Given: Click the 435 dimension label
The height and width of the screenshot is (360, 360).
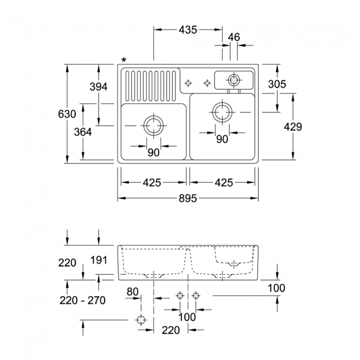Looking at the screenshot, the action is point(188,30).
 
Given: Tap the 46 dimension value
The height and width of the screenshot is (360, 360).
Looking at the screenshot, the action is point(234,37).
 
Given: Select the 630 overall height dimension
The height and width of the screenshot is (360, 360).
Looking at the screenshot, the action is point(67,114).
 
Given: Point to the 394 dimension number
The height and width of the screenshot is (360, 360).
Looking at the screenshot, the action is point(99,87).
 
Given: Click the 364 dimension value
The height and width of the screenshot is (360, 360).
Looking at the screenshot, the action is point(83,132).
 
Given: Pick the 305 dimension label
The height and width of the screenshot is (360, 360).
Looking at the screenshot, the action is point(277,84).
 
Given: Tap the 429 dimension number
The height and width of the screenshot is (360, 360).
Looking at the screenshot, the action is point(293,127).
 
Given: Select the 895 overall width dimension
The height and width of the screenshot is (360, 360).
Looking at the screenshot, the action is point(188,198).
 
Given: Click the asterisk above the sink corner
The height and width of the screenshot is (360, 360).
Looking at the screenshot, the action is point(124,60).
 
